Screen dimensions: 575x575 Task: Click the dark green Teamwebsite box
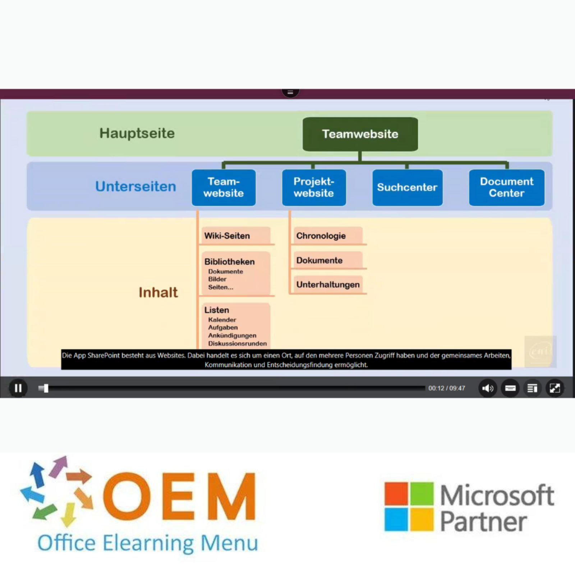(360, 134)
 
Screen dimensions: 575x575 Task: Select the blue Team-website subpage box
(224, 187)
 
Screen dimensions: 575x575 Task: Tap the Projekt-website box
(314, 187)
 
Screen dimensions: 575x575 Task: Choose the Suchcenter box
(407, 187)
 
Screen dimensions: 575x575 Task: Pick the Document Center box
(506, 187)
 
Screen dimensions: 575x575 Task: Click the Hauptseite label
(137, 133)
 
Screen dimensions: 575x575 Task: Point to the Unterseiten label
(135, 187)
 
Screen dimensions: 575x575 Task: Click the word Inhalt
(158, 293)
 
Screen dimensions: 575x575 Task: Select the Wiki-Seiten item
(227, 236)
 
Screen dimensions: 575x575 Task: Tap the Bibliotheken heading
(229, 262)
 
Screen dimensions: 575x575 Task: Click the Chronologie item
(321, 236)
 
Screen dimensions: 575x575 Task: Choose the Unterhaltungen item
(328, 285)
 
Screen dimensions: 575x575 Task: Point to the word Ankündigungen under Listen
(232, 335)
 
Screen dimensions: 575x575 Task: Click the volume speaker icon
(487, 388)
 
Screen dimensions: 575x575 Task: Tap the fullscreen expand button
(555, 388)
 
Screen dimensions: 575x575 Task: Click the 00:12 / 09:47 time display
(446, 388)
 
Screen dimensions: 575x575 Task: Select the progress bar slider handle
(46, 388)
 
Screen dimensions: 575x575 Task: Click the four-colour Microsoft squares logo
(409, 507)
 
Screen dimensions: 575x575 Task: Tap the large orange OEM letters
(180, 497)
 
